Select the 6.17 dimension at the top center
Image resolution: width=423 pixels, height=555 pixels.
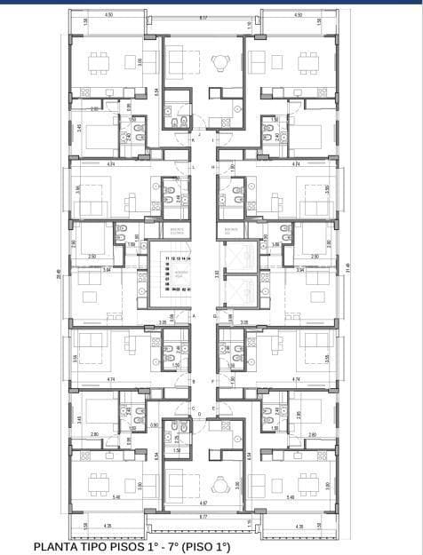pos(203,17)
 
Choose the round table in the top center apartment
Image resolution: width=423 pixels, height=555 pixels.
pos(219,62)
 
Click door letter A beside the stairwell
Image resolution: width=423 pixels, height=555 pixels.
pos(193,315)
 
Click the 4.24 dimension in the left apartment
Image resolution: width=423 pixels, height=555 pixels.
pos(109,165)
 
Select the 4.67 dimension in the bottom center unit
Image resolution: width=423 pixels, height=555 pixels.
pos(203,503)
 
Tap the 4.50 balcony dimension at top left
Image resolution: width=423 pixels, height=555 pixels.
pos(108,15)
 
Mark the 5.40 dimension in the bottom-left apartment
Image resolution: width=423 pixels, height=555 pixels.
pos(116,497)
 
